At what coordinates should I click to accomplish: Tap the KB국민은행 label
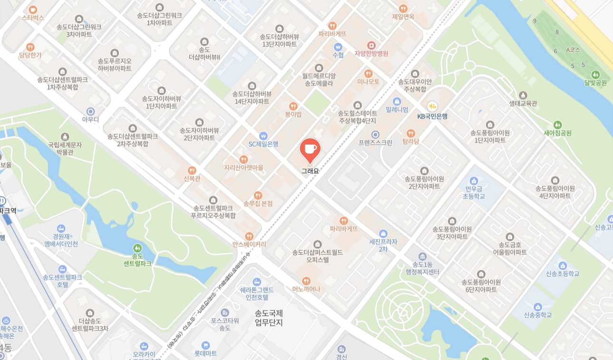click(432, 116)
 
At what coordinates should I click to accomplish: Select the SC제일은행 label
click(263, 144)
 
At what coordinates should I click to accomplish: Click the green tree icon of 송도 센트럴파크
click(137, 248)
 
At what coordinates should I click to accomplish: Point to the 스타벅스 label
click(33, 18)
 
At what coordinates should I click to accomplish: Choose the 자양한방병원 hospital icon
click(371, 45)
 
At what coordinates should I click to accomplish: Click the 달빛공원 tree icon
click(595, 75)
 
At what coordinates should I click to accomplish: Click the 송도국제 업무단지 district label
click(269, 318)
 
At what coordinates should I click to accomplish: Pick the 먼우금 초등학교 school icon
click(473, 181)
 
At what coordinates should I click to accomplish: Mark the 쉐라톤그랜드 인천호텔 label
click(257, 293)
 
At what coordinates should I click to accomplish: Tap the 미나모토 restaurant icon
click(368, 74)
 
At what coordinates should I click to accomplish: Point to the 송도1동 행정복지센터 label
click(420, 268)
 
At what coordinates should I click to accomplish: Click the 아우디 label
click(90, 119)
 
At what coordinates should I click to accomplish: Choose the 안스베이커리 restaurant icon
click(249, 236)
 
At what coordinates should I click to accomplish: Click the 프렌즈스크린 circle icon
click(375, 135)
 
